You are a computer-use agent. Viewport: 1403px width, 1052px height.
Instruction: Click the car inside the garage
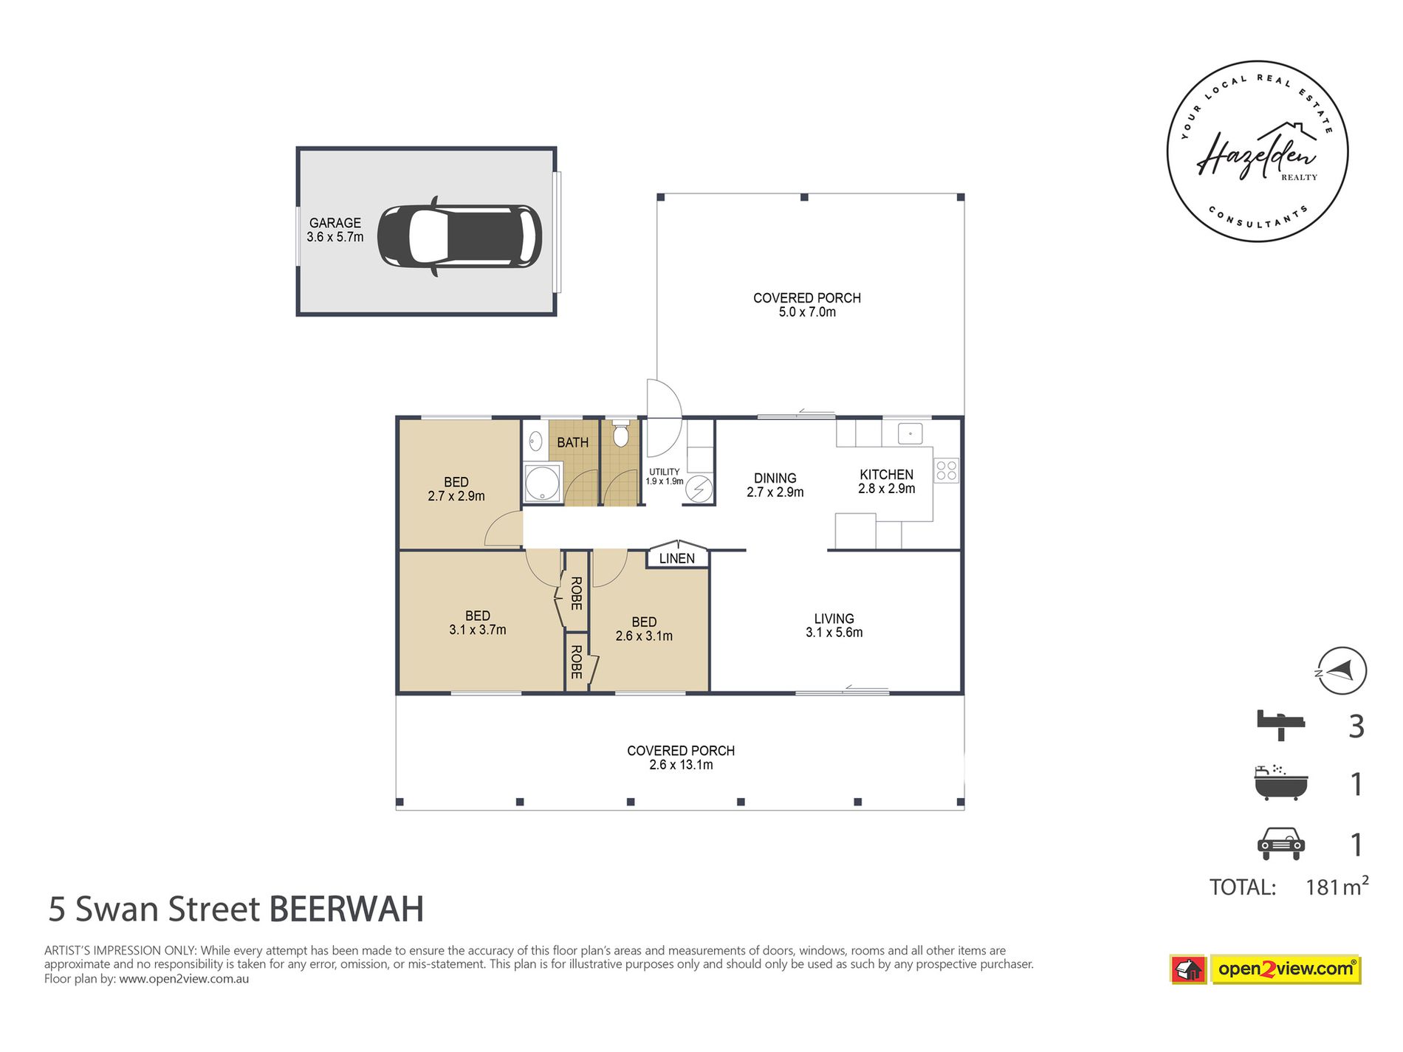[x=459, y=236]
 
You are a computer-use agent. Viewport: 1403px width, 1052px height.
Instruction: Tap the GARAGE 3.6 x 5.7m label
[x=335, y=230]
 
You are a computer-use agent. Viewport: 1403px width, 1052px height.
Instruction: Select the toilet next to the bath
[x=620, y=436]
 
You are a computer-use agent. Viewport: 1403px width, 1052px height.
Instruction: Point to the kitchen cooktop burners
[x=947, y=470]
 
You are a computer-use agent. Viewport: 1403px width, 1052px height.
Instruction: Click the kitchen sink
[x=910, y=433]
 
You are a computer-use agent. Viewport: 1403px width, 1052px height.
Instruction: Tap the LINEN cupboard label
[x=677, y=559]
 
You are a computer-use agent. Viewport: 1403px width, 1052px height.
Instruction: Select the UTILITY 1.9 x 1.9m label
[x=665, y=476]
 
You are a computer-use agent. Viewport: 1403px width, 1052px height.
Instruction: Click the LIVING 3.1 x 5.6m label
[x=834, y=625]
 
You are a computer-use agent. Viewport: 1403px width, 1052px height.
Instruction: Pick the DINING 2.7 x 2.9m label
[x=775, y=485]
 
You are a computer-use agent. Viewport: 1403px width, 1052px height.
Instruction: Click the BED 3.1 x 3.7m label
[x=477, y=622]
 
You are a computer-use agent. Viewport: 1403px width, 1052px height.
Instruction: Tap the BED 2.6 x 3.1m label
[x=644, y=629]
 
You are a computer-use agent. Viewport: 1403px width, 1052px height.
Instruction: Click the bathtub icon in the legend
[x=1281, y=783]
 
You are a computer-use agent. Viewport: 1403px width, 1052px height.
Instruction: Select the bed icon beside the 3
[x=1281, y=724]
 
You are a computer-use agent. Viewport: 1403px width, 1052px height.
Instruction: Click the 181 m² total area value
[x=1336, y=886]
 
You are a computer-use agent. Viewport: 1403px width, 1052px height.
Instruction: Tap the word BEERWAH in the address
[x=346, y=910]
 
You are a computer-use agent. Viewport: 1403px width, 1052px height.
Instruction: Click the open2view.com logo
[x=1285, y=969]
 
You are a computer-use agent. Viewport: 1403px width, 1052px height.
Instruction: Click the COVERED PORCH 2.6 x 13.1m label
[x=681, y=757]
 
